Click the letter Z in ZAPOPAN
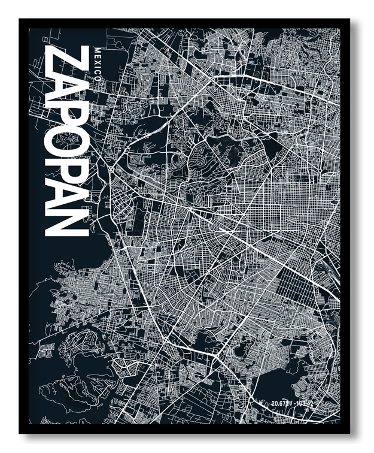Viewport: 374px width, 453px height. [62, 58]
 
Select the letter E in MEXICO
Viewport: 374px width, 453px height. [98, 56]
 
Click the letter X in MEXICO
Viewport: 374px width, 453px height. [98, 64]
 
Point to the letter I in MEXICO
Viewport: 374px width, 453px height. [98, 70]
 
